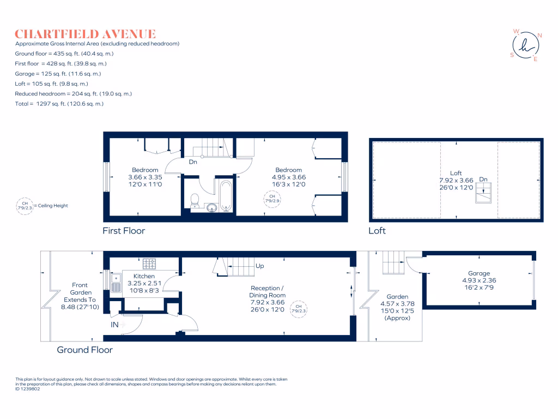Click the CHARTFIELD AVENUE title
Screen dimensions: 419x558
[86, 34]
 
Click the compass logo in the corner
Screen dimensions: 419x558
[526, 45]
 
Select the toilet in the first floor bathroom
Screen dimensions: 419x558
[195, 201]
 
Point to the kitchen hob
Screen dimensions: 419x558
[149, 264]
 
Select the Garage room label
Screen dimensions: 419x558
[478, 273]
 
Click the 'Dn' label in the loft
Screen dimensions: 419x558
[483, 179]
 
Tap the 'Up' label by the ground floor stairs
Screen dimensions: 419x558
[260, 266]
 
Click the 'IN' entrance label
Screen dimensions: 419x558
[115, 325]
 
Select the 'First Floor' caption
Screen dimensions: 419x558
[124, 231]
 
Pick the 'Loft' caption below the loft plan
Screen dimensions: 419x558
[377, 231]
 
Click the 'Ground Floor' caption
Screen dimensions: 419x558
[84, 350]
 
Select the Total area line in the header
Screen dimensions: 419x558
[59, 103]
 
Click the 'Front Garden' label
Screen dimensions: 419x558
[80, 289]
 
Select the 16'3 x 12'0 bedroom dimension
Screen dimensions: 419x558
[288, 184]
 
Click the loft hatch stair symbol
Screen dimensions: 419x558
[483, 193]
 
